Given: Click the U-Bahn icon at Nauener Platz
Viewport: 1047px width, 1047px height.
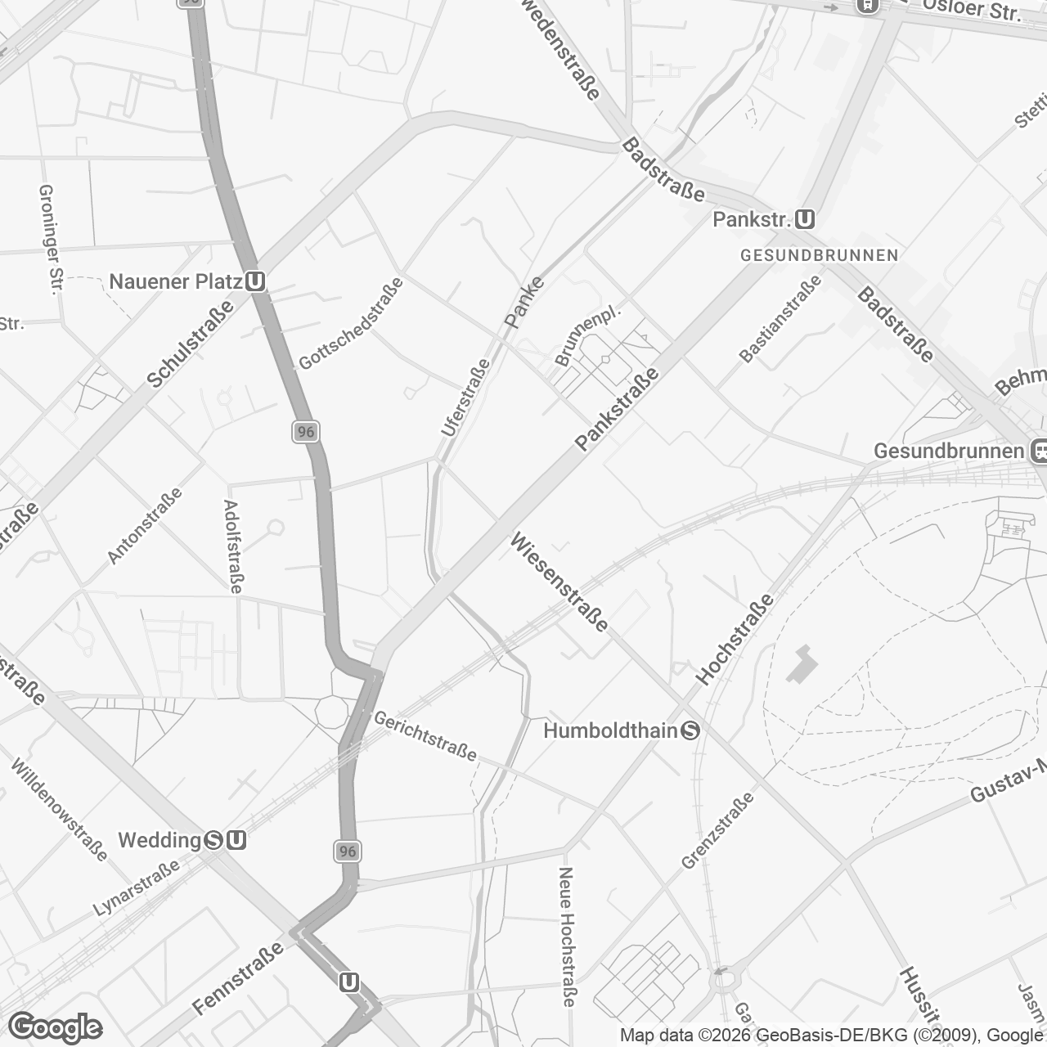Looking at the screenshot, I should coord(254,281).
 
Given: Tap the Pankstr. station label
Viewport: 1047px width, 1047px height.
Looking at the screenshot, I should coord(752,220).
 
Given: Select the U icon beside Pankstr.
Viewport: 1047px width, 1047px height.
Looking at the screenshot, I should coord(805,219).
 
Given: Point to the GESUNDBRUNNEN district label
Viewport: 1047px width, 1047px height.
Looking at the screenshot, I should coord(819,255).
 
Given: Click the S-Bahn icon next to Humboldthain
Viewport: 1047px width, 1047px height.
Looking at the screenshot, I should coord(690,730).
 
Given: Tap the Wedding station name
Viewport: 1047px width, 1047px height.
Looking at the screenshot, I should coord(160,840).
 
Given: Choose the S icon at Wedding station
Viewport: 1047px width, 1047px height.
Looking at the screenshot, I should coord(214,840).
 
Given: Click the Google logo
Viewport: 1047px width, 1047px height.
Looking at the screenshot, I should coord(55,1027).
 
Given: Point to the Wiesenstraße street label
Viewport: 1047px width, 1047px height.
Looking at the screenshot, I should coord(559,582).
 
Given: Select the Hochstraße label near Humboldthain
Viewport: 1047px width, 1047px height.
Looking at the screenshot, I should coord(734,639).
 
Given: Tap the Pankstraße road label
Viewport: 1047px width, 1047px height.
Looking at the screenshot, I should coord(617,408).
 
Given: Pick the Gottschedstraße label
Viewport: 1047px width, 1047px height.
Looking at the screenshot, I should coord(351,323).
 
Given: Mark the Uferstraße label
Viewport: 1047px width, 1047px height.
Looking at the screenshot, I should coord(465,398).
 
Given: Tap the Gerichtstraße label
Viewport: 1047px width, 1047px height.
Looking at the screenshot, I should coord(425,735).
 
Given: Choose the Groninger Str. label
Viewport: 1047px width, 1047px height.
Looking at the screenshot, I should coord(50,238).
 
